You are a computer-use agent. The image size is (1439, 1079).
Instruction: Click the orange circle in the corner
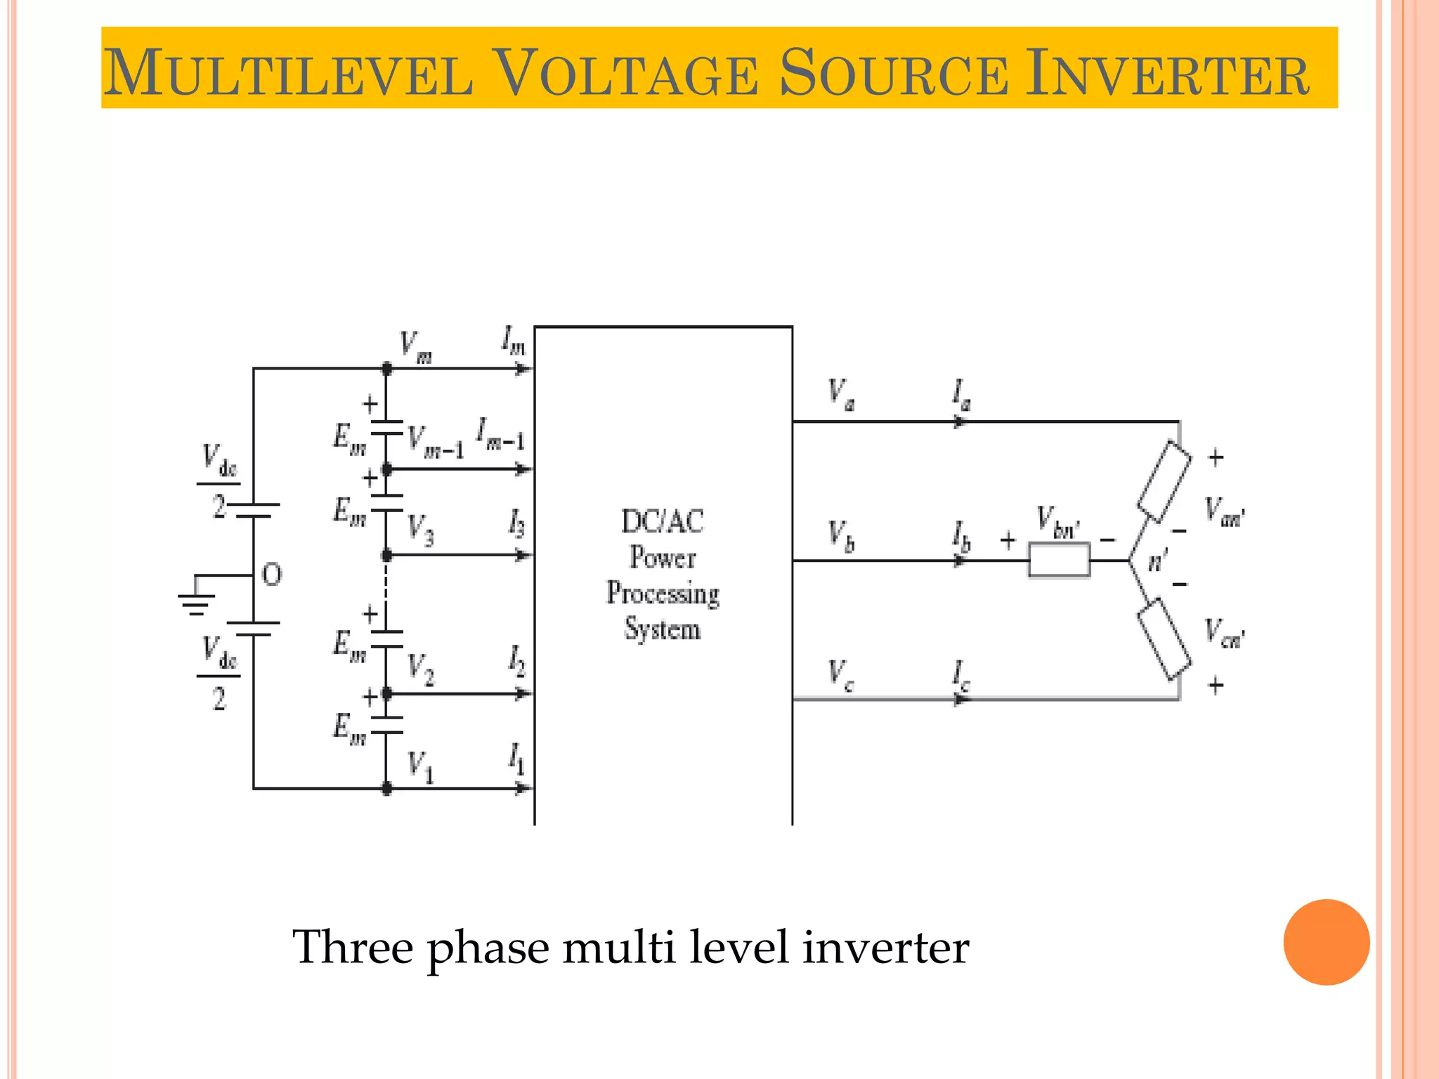click(1326, 942)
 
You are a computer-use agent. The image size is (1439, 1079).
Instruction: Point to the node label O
click(272, 575)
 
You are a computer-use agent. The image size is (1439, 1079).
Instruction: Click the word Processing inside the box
click(663, 594)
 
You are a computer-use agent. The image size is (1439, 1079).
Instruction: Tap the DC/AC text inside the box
click(663, 521)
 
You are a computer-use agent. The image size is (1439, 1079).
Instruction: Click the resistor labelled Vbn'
click(1059, 560)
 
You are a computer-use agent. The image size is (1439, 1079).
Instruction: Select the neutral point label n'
click(1157, 561)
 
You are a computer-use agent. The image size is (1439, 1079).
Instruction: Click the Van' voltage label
click(1224, 511)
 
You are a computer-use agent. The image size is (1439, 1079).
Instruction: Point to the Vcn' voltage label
click(1224, 633)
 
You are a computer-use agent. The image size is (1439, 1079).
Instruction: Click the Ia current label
click(961, 395)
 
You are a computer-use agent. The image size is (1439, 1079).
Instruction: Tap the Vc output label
click(840, 674)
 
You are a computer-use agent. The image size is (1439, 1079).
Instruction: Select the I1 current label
click(516, 759)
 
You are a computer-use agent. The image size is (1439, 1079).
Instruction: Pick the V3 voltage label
click(420, 529)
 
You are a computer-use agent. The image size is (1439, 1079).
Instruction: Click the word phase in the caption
click(488, 948)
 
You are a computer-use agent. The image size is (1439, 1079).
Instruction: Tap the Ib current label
click(961, 537)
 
